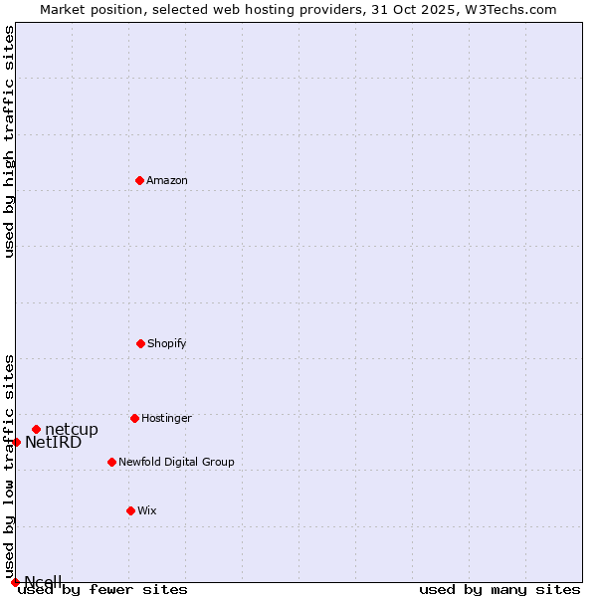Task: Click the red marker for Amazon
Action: [x=139, y=180]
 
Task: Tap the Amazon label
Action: [x=167, y=181]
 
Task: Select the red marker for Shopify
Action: [x=140, y=343]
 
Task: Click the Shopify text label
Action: [x=167, y=344]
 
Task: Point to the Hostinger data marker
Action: [x=134, y=418]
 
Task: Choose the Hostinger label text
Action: [x=166, y=419]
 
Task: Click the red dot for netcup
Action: [x=36, y=429]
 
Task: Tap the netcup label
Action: [x=72, y=430]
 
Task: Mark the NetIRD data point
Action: [x=16, y=442]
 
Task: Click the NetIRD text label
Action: [x=54, y=443]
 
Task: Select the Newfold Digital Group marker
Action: [x=111, y=462]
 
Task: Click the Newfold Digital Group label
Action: [x=176, y=463]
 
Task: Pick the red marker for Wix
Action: [x=130, y=510]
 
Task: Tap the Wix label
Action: [x=147, y=511]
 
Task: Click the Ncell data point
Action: [x=15, y=582]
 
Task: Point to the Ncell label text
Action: [x=44, y=582]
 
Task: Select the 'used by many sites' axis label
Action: [x=499, y=590]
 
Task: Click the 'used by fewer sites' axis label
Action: [x=102, y=590]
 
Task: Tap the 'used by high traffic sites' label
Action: [x=10, y=141]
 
